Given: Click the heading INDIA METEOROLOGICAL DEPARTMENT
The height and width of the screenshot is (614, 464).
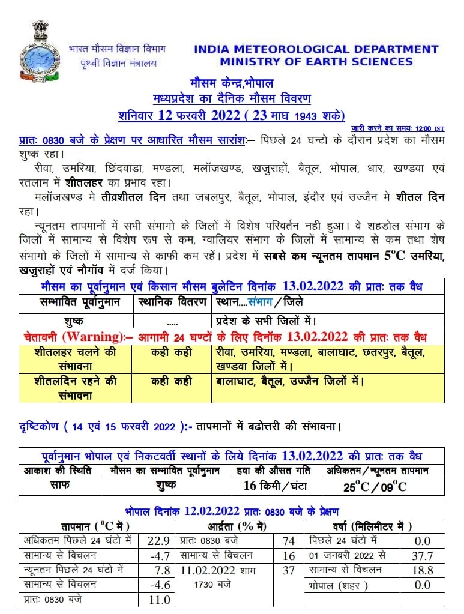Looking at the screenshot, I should tap(316, 49).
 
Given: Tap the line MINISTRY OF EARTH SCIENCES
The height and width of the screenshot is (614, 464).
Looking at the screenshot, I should tap(316, 62).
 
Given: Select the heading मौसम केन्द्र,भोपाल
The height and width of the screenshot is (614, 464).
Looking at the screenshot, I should tap(231, 83).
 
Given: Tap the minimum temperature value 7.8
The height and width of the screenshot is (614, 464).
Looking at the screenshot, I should tap(162, 570).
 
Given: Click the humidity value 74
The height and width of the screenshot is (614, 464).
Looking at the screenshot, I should tap(288, 541).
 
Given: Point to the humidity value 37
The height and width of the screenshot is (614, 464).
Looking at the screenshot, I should tap(288, 570).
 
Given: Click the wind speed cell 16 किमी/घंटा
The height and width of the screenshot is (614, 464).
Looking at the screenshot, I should tap(276, 486).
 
